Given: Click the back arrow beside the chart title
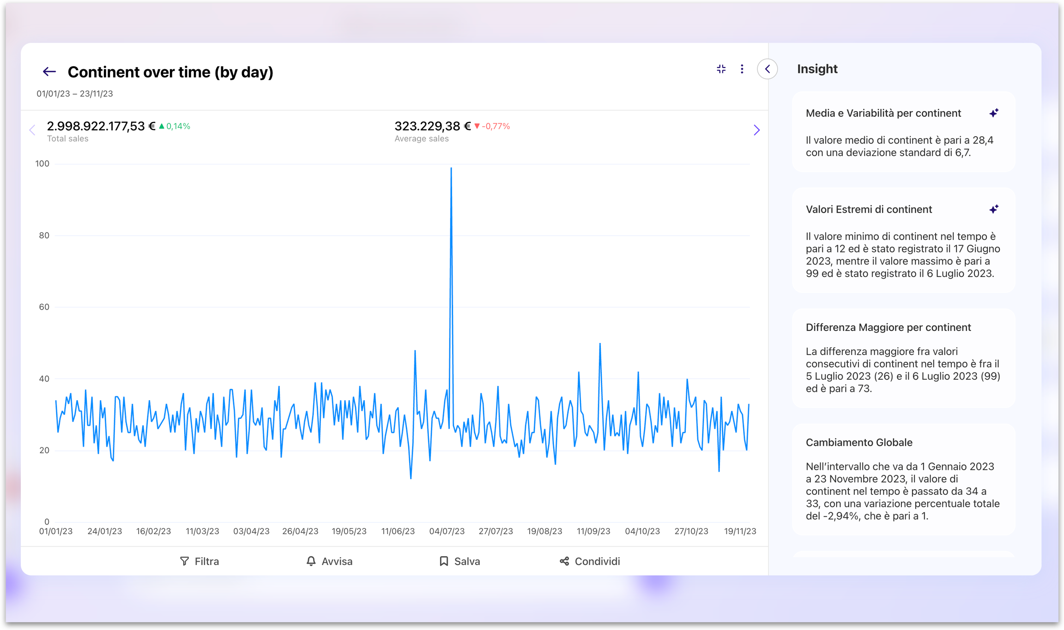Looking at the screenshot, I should click(49, 72).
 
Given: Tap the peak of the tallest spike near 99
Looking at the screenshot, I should click(451, 168).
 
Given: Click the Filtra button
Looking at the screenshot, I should click(199, 561).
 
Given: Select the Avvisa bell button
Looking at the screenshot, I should click(329, 561).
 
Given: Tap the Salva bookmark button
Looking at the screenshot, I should click(459, 561).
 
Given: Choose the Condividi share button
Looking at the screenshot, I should click(590, 561).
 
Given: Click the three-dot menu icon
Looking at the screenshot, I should click(742, 69).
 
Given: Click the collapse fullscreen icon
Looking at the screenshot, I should click(721, 69).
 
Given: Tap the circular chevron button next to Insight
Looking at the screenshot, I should click(768, 69).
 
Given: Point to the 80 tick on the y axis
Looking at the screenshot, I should click(44, 235).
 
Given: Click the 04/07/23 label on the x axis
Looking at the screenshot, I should click(447, 531).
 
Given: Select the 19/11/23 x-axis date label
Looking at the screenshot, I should click(740, 531).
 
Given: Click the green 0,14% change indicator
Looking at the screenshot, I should click(175, 126).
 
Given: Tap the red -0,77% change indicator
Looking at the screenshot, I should click(492, 126).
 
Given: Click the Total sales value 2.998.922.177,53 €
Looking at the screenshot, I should click(101, 126).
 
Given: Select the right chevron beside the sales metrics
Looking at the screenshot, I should click(756, 130).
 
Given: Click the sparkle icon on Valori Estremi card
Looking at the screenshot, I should click(994, 210).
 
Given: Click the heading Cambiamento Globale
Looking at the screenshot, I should click(859, 442).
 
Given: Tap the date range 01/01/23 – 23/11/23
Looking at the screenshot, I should click(75, 94).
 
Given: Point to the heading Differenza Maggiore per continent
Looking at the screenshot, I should click(888, 327).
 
